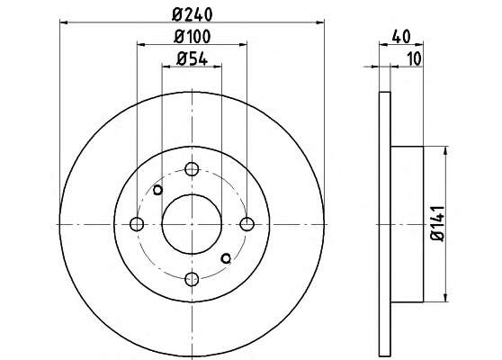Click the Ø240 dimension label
193,14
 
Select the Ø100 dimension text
193,37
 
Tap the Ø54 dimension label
193,58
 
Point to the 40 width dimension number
401,37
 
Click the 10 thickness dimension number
414,58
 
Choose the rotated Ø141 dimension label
437,224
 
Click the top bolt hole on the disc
192,169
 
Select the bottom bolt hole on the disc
192,279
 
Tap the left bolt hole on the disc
137,224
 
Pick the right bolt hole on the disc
247,224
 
